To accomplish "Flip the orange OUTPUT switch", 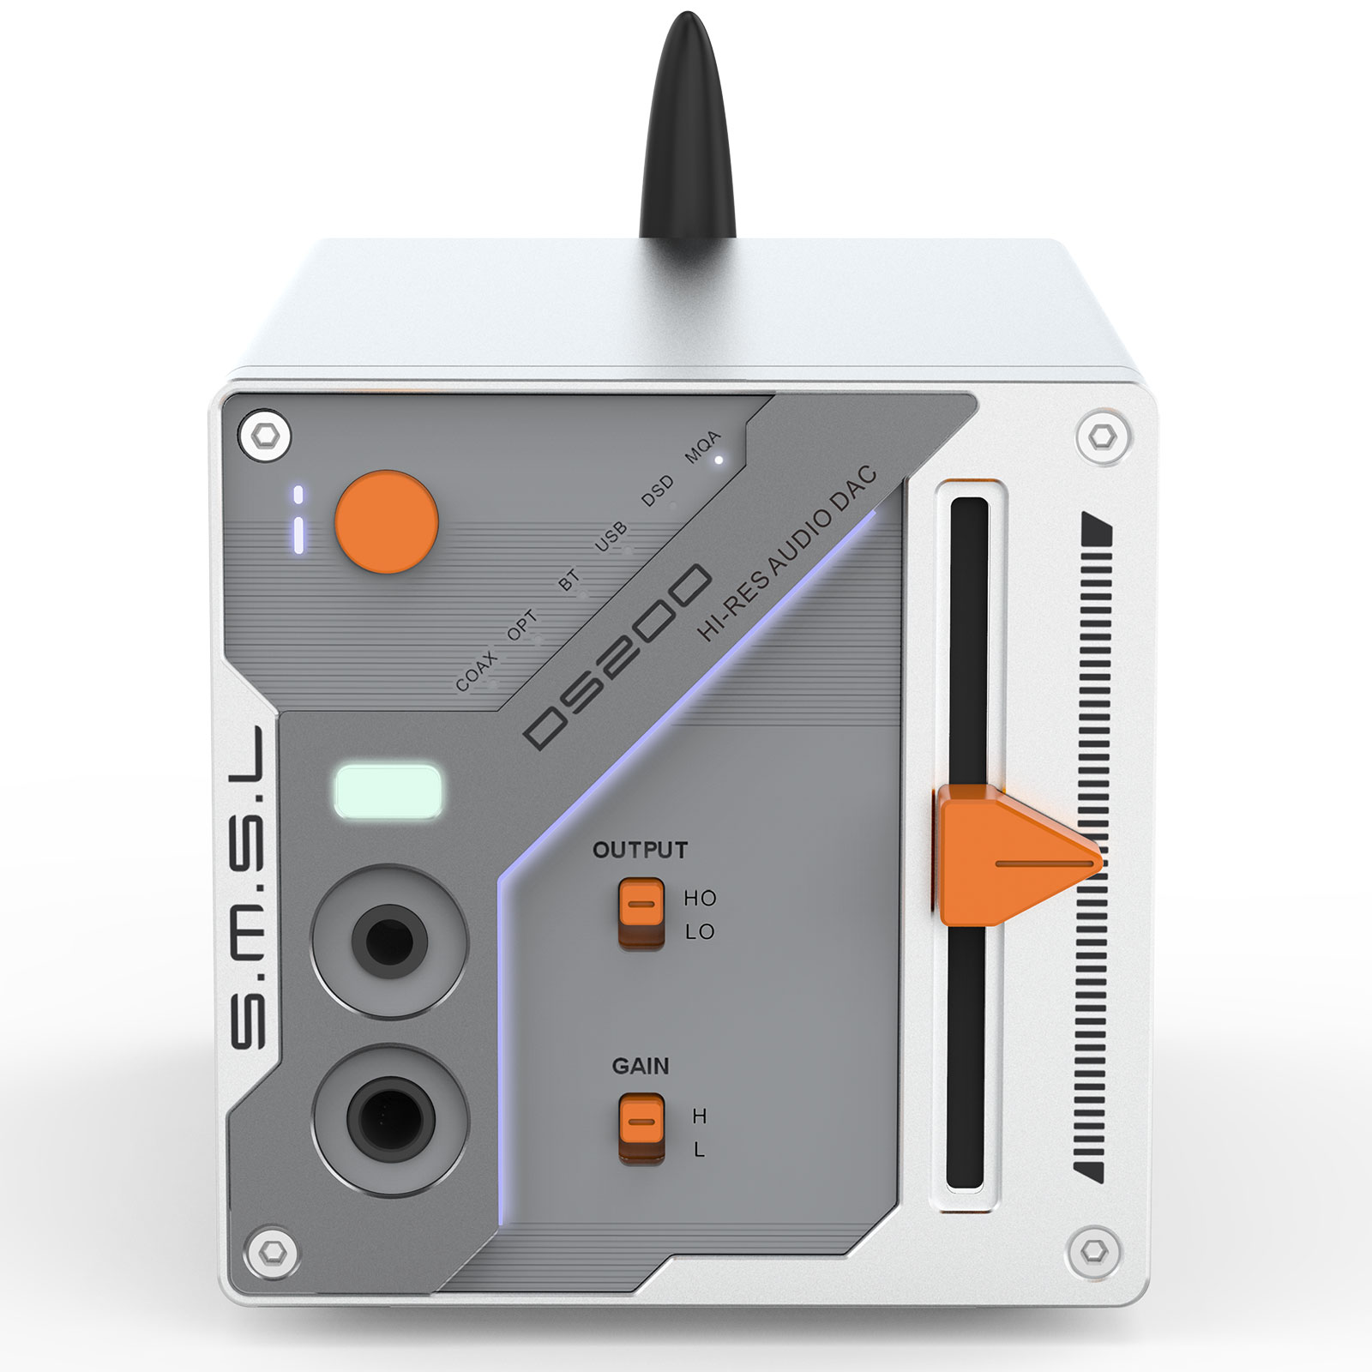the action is click(x=641, y=912).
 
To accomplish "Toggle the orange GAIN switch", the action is click(x=641, y=1128).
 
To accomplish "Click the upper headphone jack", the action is click(x=390, y=941).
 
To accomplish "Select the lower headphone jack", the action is click(x=390, y=1119).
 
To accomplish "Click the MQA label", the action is click(x=702, y=447).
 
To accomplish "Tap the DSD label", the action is click(x=658, y=491).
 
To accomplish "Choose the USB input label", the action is click(x=611, y=536).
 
